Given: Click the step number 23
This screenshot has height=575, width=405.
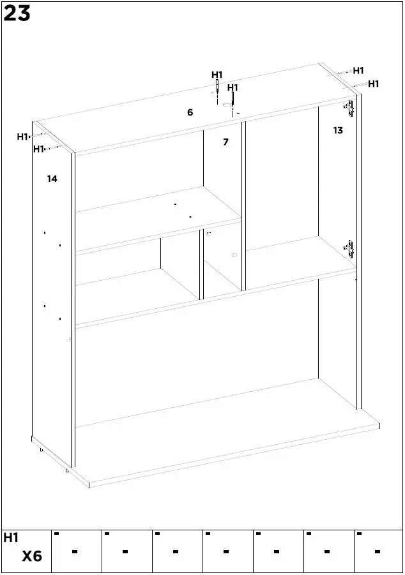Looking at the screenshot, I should click(x=17, y=13).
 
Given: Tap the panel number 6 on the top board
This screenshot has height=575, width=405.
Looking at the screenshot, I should click(x=190, y=112).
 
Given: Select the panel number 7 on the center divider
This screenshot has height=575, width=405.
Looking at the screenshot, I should click(x=225, y=142).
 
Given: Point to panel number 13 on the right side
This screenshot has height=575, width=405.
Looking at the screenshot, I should click(x=338, y=130).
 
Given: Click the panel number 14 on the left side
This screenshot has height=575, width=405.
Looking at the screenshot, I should click(x=52, y=179).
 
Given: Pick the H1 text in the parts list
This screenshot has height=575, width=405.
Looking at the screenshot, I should click(x=11, y=538).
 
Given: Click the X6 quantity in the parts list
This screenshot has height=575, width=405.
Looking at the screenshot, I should click(x=32, y=556).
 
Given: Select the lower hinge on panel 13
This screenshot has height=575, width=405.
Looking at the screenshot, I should click(x=349, y=248).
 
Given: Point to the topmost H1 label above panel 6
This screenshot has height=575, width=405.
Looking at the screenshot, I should click(x=217, y=75).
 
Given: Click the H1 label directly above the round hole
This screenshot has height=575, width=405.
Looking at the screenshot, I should click(x=233, y=87).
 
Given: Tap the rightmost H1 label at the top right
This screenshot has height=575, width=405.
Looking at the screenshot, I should click(x=374, y=84).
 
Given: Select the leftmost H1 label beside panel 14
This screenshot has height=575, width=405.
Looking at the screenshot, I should click(x=22, y=136).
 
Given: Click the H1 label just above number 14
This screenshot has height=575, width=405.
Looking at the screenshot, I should click(x=38, y=149).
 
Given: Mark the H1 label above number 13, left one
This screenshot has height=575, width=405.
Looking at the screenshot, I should click(x=358, y=71).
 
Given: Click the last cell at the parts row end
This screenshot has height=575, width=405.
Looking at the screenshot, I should click(x=378, y=551).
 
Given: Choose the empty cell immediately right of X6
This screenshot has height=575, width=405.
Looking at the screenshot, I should click(x=75, y=551).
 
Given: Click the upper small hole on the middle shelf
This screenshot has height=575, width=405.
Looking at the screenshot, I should click(x=175, y=204).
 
